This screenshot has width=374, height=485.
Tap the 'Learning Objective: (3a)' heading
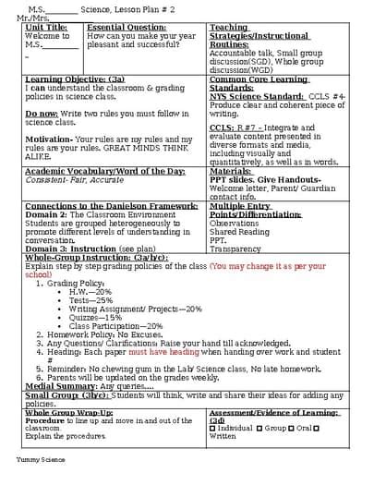tap(75, 79)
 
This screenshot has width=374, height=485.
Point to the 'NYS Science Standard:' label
tap(251, 95)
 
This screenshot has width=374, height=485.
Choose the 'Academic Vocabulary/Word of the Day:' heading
tap(104, 171)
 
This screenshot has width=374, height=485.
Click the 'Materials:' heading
tap(231, 171)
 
